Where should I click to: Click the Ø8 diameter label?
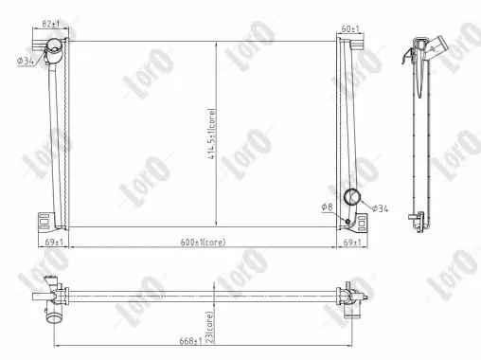327,206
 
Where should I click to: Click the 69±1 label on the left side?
54,243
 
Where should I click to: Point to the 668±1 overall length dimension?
191,339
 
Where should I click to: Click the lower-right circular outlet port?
353,198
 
